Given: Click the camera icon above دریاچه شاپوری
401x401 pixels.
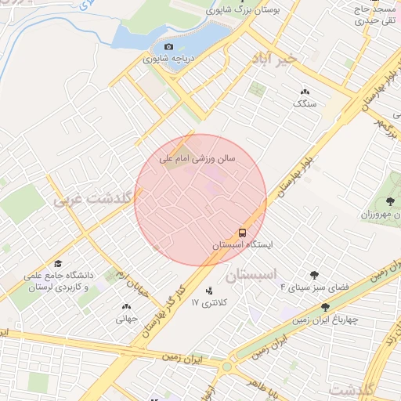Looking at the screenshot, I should coord(168,47).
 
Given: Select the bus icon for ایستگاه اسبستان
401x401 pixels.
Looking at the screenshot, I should coord(242,233).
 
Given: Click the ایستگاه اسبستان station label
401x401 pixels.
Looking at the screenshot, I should coord(243,244).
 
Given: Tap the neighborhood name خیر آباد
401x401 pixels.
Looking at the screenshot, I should coord(275,60).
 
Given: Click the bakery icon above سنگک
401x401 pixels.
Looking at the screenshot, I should coord(304,92).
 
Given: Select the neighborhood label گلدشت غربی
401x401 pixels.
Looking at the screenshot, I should coord(91,200).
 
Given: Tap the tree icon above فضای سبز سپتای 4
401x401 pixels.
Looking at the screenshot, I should coord(314,275).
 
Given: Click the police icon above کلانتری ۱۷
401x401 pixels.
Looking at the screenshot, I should coord(208,291).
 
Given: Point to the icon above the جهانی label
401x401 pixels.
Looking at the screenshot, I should coord(126,306).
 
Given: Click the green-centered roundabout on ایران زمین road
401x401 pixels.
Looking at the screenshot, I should coord(227,366).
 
